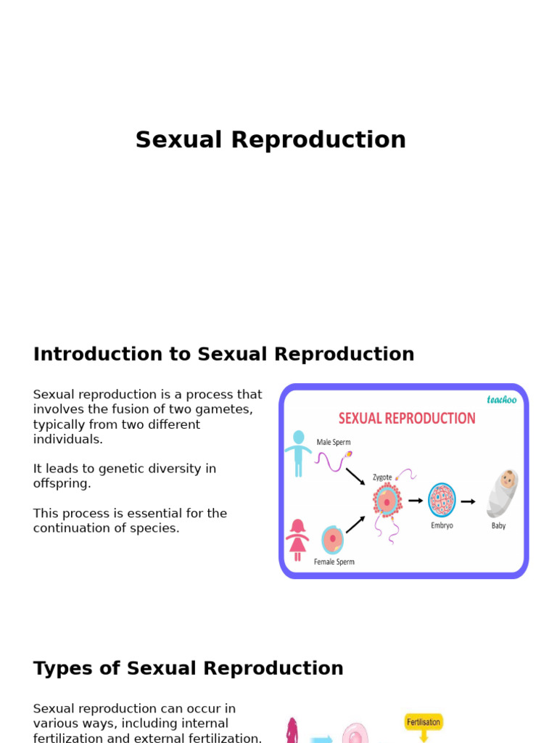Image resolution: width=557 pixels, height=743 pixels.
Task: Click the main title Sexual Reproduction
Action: pos(271,140)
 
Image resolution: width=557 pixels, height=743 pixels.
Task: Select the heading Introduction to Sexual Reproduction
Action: pos(223,354)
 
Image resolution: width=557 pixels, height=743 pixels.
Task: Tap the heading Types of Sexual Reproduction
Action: pos(188,668)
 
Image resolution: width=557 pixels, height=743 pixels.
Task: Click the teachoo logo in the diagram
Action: pos(502,400)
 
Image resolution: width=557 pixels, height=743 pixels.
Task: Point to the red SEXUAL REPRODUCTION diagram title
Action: pos(407,419)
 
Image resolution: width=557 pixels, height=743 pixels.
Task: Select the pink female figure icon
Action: pos(297,540)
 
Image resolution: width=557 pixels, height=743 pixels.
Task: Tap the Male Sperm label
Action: pos(334,442)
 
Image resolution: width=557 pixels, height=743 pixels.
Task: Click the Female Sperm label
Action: pos(334,562)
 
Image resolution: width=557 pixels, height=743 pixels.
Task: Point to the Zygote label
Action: pos(382,477)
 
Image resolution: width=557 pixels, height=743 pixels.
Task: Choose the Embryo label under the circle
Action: pos(442,525)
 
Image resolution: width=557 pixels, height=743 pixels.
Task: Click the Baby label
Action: pos(498,525)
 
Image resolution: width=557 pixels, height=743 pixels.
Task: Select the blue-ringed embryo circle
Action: pos(442,500)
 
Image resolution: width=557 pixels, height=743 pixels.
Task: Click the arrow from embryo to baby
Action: pos(469,501)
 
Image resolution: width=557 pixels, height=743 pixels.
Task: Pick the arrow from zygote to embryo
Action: pos(416,501)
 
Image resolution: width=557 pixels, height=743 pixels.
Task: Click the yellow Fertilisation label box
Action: pos(424,723)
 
